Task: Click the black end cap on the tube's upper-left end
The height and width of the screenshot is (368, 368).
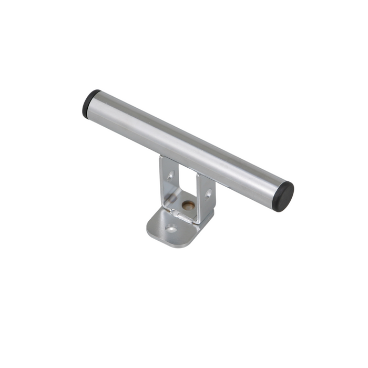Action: (x=90, y=103)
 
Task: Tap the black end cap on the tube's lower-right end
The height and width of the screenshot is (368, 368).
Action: (x=283, y=196)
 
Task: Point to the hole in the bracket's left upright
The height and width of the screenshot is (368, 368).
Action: (x=170, y=175)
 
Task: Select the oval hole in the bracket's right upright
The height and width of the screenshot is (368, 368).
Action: (x=208, y=194)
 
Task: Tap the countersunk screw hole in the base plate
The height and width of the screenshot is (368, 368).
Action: (x=171, y=229)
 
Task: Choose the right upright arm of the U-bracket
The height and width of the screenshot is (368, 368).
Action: (x=206, y=197)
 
